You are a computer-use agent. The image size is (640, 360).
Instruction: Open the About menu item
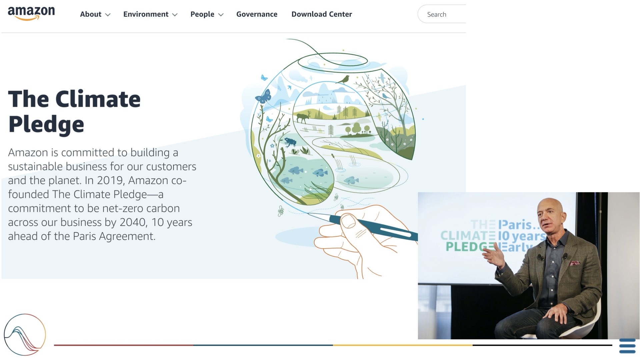[95, 14]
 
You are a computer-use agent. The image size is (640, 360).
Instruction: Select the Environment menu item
[150, 14]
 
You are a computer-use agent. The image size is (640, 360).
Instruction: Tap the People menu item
[207, 14]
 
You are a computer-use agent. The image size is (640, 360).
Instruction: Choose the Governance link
[257, 14]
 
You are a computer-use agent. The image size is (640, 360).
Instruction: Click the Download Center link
[322, 14]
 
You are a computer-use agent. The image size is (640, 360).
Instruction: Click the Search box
[442, 14]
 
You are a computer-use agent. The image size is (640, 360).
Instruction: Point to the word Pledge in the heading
[46, 125]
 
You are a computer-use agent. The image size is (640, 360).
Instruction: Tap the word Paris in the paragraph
[85, 236]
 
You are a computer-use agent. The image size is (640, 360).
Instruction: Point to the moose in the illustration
[303, 118]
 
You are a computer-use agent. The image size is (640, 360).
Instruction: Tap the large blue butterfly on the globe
[263, 97]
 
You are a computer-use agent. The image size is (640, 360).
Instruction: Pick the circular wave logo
[25, 335]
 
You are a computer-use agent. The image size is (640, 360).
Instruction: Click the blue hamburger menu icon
[627, 346]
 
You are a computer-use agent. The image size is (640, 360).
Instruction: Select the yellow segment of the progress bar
[403, 345]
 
